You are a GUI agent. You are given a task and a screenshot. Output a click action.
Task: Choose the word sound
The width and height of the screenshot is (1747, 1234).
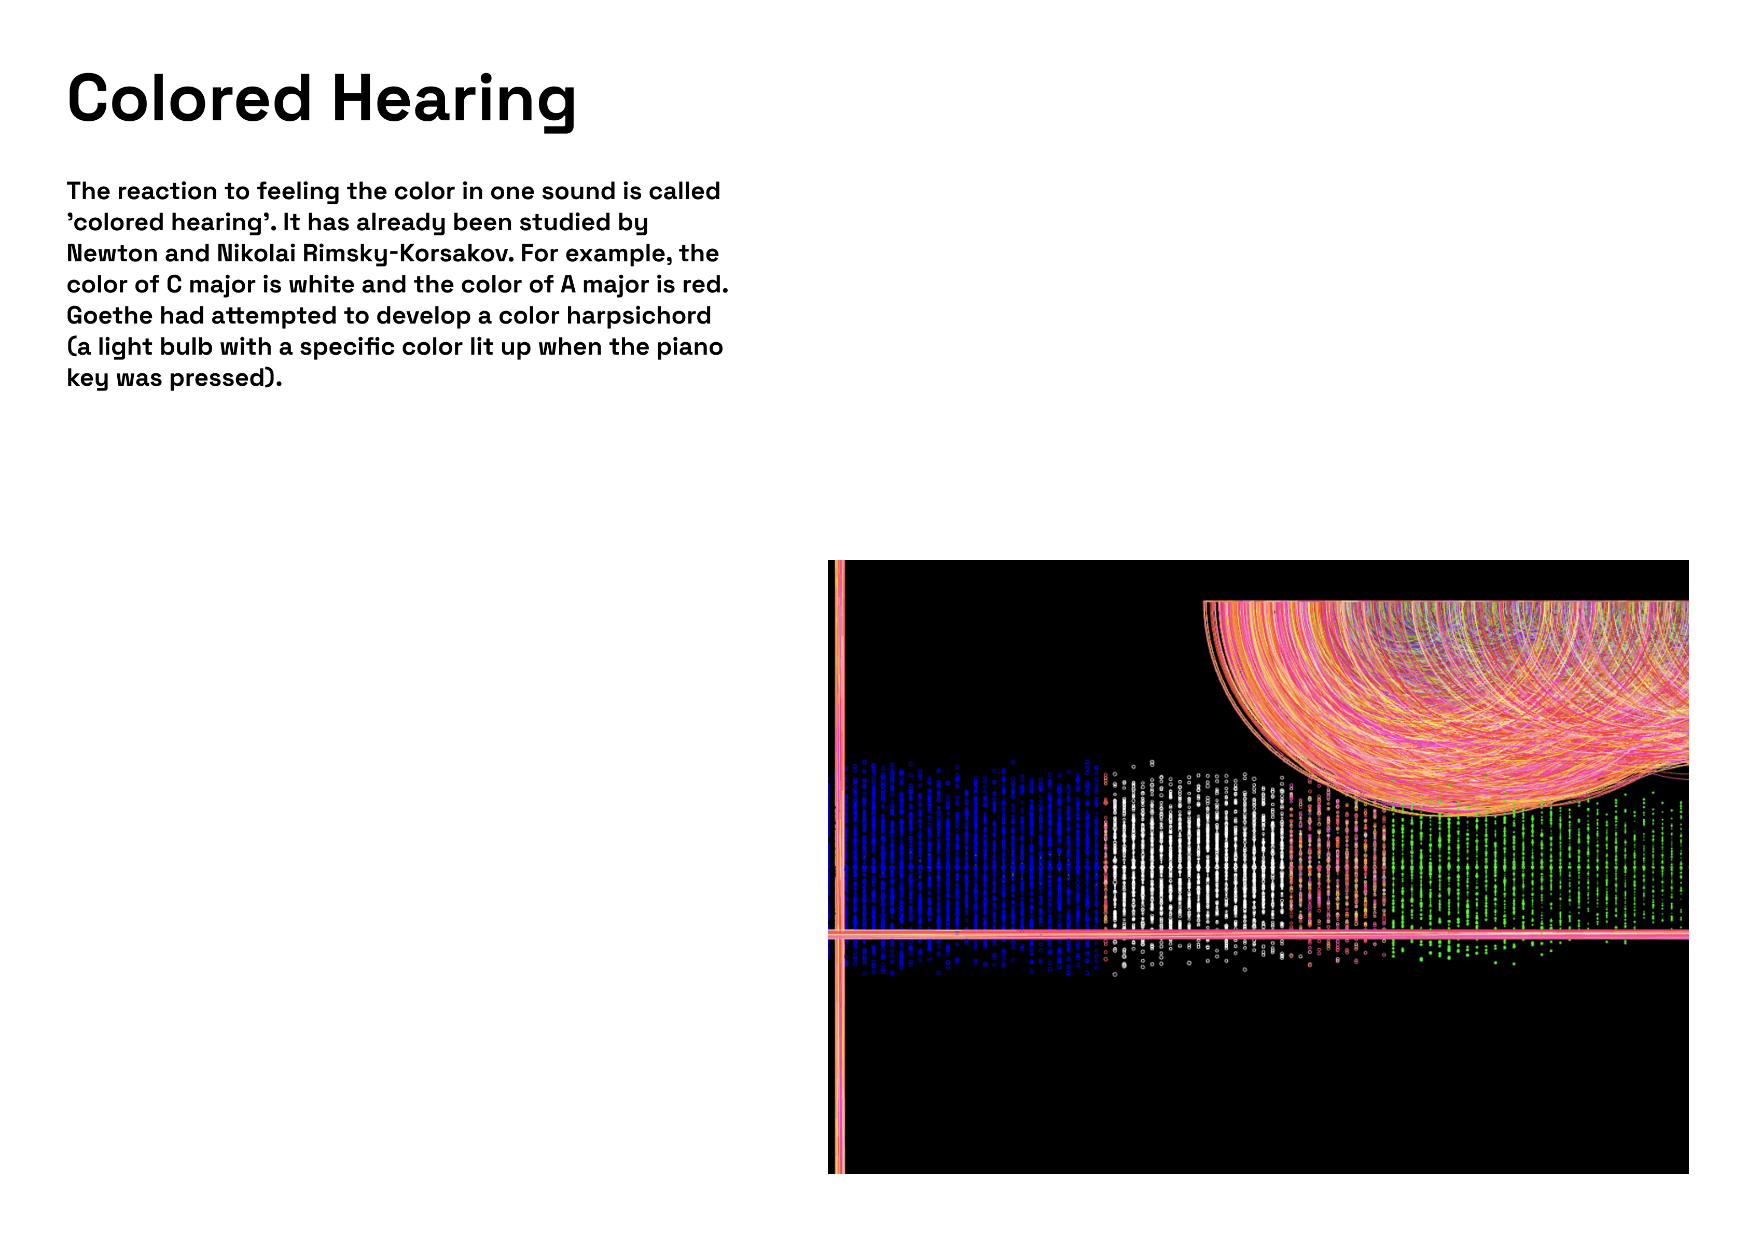577,191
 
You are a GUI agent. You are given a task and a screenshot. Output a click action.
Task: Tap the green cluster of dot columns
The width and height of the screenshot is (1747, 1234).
1537,875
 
